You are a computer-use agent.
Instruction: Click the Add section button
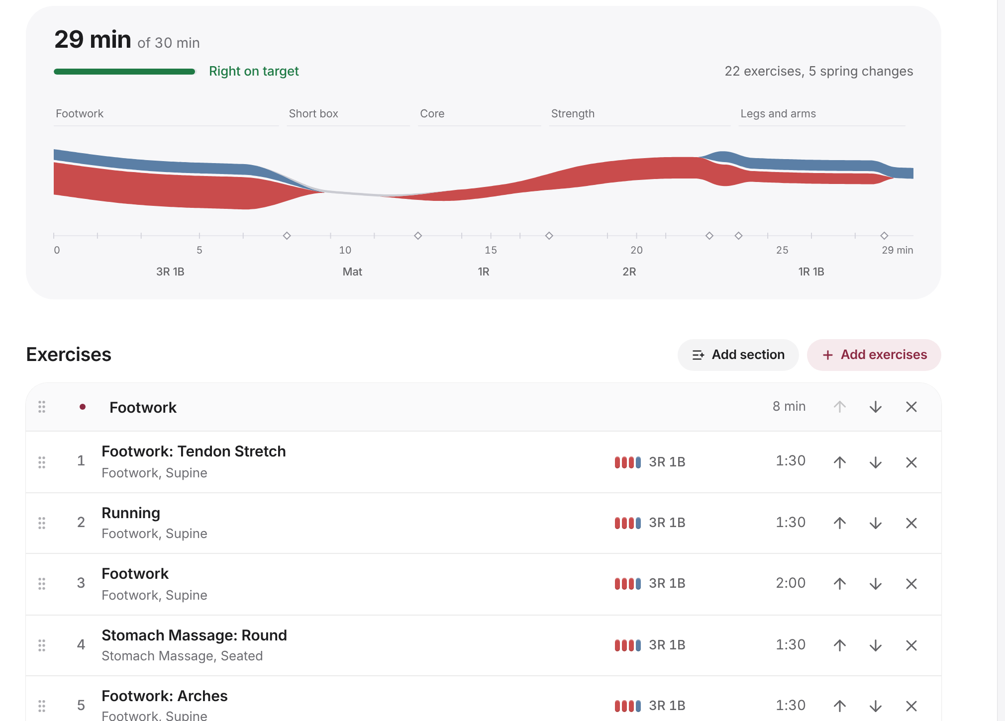click(738, 355)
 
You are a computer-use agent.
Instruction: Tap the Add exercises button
click(874, 355)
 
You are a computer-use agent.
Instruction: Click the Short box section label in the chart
click(313, 113)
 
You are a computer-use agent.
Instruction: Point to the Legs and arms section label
click(778, 113)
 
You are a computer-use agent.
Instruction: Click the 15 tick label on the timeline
click(491, 250)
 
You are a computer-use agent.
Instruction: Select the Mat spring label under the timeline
click(352, 271)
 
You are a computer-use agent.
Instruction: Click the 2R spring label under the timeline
click(629, 271)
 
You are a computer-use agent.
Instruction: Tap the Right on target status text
click(254, 71)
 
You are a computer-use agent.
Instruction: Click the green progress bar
click(124, 72)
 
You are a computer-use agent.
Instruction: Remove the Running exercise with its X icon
click(911, 523)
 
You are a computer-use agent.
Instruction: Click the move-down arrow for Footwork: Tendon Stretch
click(876, 462)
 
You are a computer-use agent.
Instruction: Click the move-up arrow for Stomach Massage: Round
click(840, 645)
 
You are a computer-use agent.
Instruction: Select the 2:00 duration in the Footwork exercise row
click(791, 583)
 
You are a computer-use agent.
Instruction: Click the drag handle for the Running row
click(42, 523)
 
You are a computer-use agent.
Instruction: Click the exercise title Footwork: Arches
click(165, 696)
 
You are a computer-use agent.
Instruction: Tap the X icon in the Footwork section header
click(911, 407)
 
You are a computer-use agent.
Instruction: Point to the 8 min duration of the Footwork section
click(789, 406)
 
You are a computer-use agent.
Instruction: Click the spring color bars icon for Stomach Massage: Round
click(628, 645)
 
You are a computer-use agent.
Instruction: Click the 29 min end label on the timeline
click(898, 250)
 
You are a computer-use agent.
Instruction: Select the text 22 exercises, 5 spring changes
click(819, 71)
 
